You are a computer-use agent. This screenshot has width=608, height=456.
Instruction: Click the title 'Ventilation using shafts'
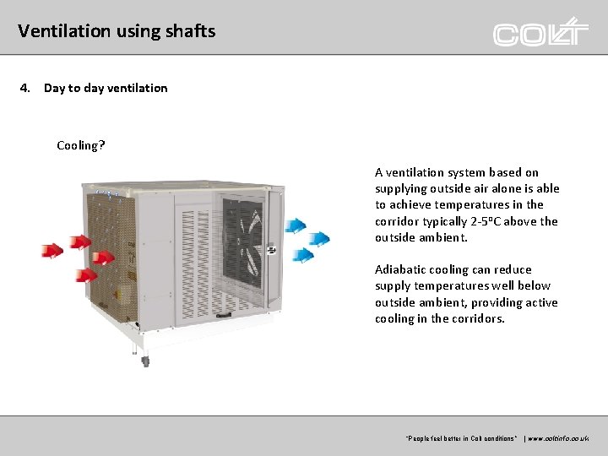pos(117,31)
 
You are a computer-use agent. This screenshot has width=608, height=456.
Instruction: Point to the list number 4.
pos(25,88)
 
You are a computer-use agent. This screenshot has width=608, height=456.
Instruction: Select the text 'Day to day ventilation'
pos(106,88)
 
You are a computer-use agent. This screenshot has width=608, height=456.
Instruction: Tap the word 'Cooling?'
pos(81,145)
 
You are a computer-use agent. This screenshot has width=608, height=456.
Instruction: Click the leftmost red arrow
pos(52,251)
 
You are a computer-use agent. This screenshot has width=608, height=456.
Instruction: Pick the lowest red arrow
pos(85,274)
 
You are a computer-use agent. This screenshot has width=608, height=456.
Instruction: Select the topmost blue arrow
pos(296,225)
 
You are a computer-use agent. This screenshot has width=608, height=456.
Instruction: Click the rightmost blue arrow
pos(319,239)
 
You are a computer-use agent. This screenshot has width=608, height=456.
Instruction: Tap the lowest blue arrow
pos(301,254)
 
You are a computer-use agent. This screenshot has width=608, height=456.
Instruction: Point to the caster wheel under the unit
pos(145,361)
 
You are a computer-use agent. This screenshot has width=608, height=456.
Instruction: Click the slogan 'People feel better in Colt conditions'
pos(461,439)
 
